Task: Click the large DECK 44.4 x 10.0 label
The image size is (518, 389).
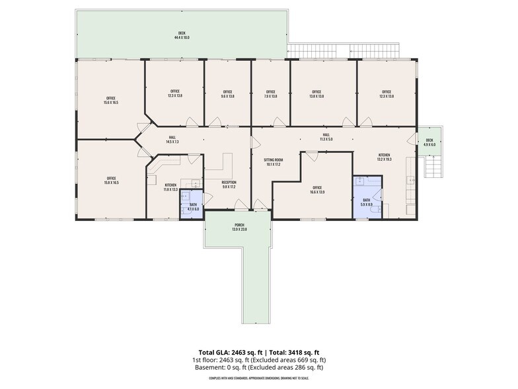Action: pos(181,36)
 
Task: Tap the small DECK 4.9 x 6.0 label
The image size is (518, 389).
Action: pos(429,142)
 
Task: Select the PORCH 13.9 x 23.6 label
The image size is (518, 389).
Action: pos(239,227)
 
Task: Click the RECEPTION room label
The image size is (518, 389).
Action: pos(229,185)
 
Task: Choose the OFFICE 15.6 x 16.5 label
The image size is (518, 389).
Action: pos(110,100)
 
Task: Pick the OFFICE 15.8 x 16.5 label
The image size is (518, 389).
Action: pos(110,180)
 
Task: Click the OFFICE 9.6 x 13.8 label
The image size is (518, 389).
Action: pos(227,94)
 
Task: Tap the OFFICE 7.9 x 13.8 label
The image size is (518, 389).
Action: pos(270,94)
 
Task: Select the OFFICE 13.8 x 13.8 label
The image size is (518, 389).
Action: pos(316,94)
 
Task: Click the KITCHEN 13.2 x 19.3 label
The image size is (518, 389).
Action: pos(385,157)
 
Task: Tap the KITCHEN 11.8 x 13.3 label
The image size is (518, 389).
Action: pos(170,187)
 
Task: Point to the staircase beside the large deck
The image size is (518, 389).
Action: pos(344,51)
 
